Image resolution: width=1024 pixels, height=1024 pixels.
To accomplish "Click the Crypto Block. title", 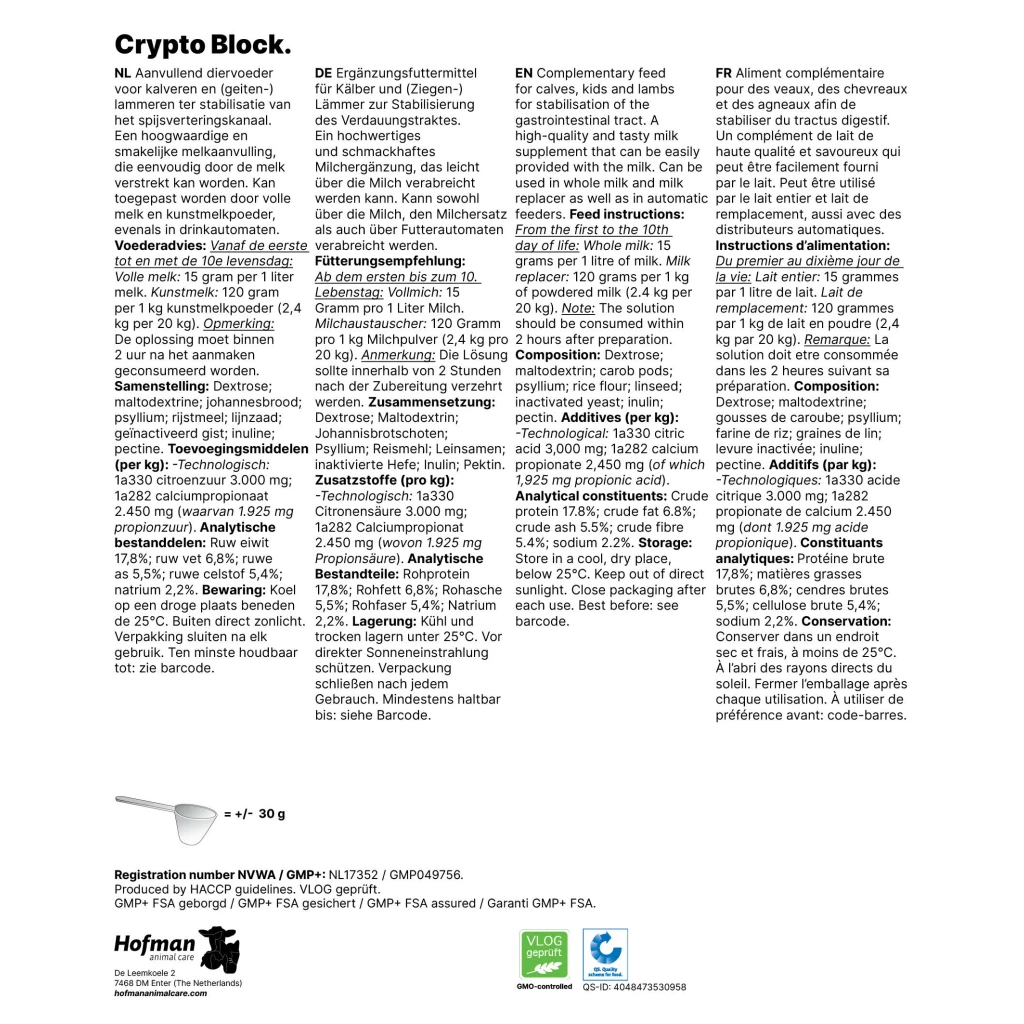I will [x=203, y=44].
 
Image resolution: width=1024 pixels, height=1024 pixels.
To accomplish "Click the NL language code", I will [x=124, y=73].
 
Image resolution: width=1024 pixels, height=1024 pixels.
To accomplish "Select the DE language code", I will [x=323, y=73].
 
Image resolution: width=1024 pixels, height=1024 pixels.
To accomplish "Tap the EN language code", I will [x=524, y=73].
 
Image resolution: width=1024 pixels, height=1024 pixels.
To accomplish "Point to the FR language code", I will [x=725, y=73].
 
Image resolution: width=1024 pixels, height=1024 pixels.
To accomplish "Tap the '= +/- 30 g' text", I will [x=254, y=814].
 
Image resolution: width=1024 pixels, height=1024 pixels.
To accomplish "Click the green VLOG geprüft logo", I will [x=544, y=954].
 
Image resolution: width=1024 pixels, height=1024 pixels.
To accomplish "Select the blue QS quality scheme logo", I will [x=604, y=954].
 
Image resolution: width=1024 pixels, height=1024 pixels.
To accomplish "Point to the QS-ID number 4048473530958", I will [x=634, y=987].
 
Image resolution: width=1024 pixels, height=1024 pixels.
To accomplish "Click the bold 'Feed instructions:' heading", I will [x=627, y=214].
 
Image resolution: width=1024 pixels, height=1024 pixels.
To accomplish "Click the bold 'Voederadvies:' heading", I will [x=160, y=245].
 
